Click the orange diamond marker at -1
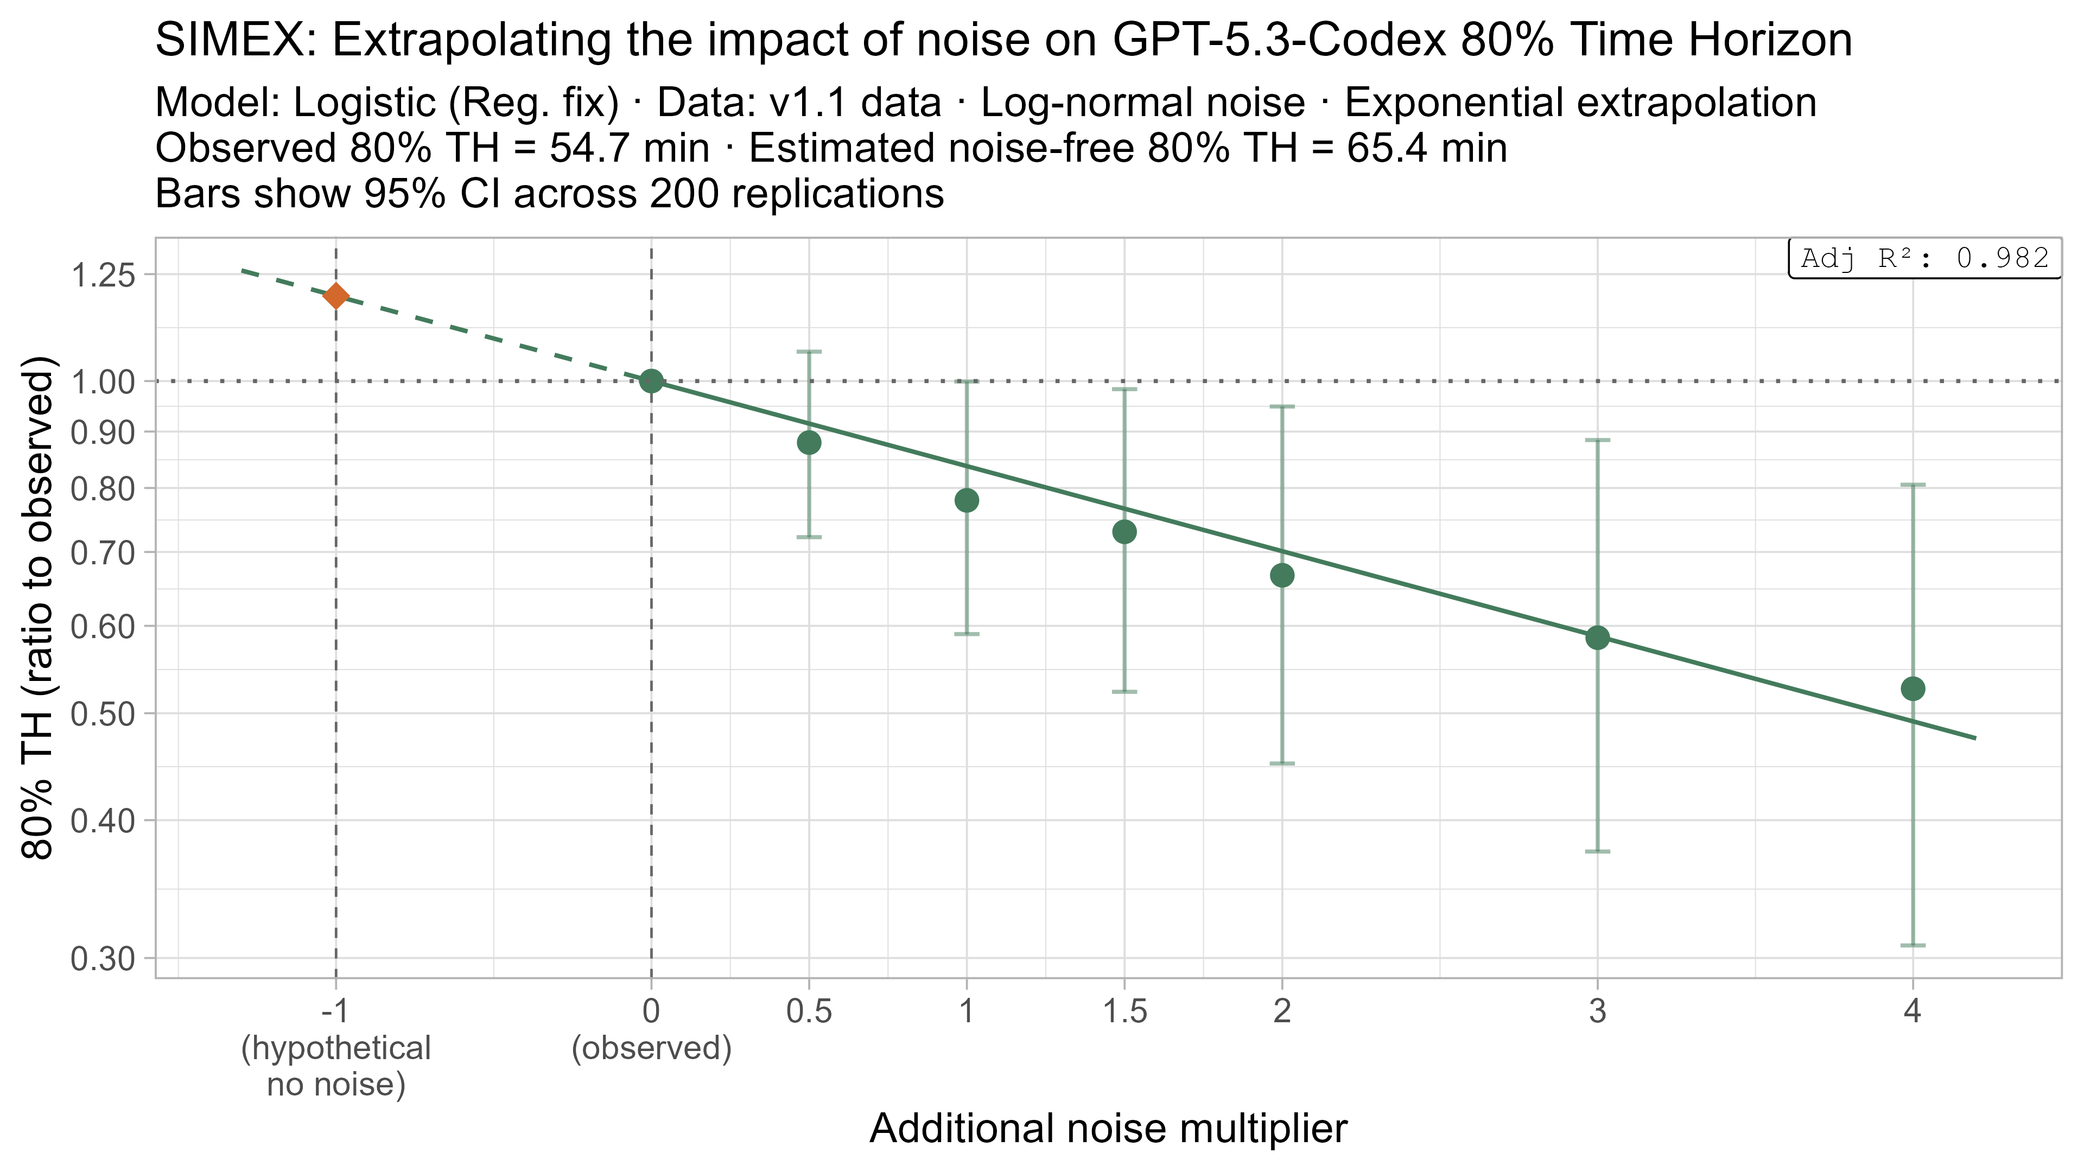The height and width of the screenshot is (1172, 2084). [x=336, y=296]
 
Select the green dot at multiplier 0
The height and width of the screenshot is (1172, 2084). [x=651, y=381]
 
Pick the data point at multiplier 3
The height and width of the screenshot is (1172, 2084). [x=1597, y=638]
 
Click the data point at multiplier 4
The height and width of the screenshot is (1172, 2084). [x=1913, y=689]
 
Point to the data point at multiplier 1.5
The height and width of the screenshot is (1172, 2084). [x=1124, y=531]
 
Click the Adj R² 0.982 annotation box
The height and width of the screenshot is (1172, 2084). [x=1924, y=259]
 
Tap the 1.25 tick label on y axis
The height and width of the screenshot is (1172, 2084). [x=103, y=277]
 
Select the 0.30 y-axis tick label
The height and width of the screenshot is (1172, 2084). [x=103, y=959]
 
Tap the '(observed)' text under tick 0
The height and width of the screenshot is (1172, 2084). [x=651, y=1049]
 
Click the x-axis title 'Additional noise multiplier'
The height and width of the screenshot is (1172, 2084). [x=1108, y=1129]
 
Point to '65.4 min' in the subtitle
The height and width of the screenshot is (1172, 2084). [x=1426, y=149]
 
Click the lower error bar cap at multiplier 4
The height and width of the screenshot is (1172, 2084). [x=1913, y=945]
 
